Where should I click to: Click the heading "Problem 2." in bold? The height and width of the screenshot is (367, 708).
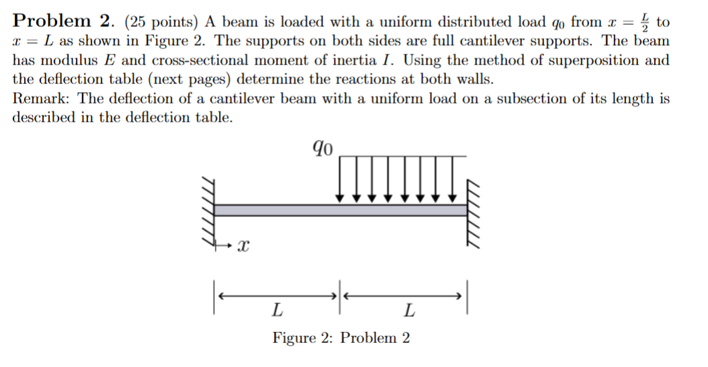62,22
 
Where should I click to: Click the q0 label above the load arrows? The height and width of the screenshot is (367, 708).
322,147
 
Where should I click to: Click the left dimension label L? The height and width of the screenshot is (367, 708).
277,311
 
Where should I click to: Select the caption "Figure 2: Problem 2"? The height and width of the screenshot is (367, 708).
341,337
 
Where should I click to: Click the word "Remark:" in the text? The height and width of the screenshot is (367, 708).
41,99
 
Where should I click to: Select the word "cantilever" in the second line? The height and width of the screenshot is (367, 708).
379,41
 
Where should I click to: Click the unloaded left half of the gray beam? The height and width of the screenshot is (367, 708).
275,210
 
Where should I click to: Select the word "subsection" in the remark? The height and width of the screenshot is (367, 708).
544,99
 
